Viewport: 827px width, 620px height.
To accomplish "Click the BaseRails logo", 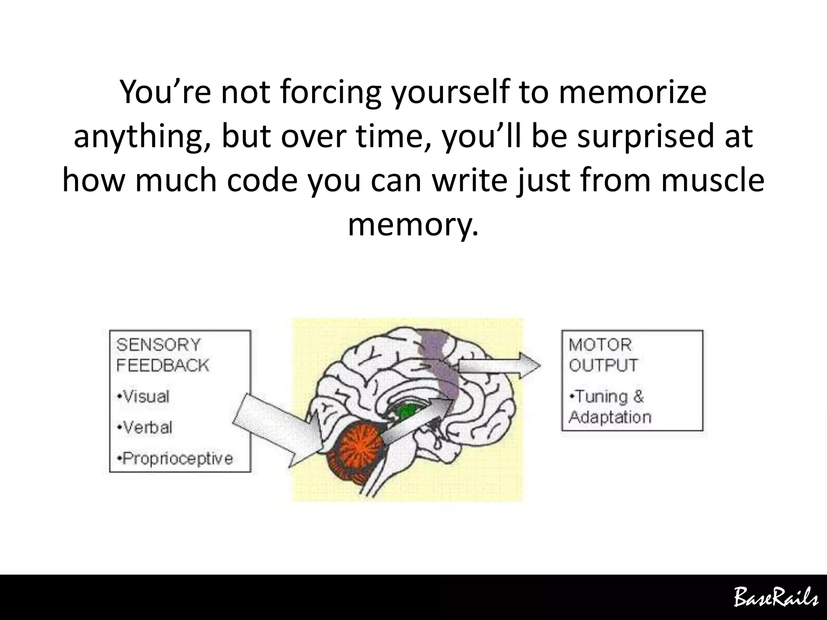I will tap(775, 597).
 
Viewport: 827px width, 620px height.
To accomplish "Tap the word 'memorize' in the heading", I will tap(632, 92).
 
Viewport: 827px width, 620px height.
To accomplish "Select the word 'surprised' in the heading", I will tap(646, 136).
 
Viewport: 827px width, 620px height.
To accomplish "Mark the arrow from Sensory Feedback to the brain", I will tap(279, 428).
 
